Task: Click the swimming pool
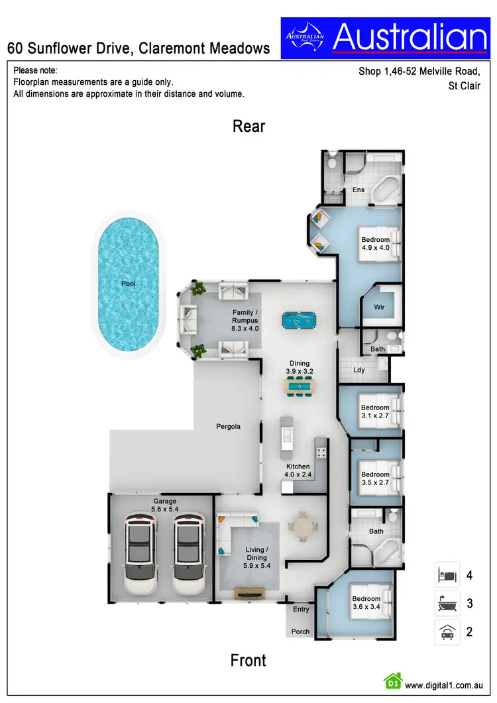pos(128,284)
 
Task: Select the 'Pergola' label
pos(228,426)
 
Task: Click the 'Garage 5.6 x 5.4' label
pos(165,505)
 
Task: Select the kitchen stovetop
pos(321,453)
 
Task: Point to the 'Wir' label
pos(379,307)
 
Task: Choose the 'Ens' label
pos(359,190)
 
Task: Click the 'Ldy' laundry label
pos(359,370)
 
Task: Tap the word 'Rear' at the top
pos(248,126)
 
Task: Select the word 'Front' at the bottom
pos(248,660)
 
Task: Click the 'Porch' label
pos(300,631)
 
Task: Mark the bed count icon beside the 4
pos(446,575)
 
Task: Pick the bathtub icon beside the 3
pos(446,603)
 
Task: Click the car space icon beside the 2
pos(446,631)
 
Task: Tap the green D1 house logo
pos(393,680)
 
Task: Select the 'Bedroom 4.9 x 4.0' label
pos(374,243)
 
